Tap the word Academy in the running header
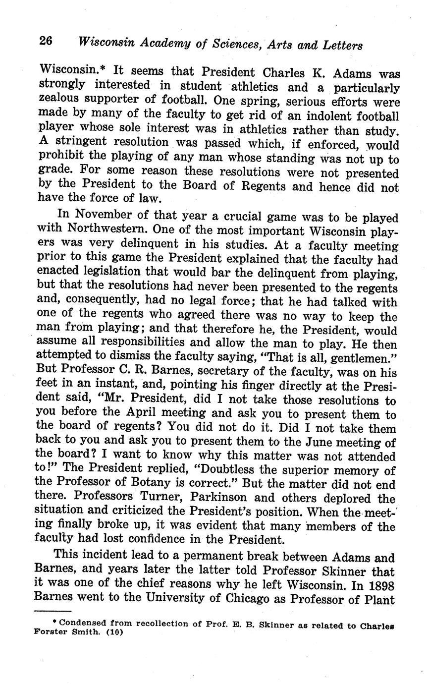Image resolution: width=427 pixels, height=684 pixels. (x=165, y=44)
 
